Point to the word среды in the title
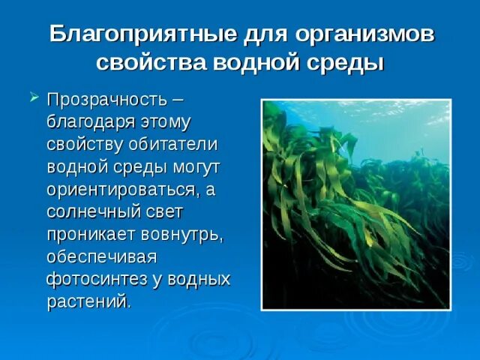click(352, 62)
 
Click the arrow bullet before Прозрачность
click(34, 97)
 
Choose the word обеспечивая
click(100, 256)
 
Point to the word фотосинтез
click(94, 279)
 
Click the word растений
click(88, 301)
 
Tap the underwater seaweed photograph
click(355, 204)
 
